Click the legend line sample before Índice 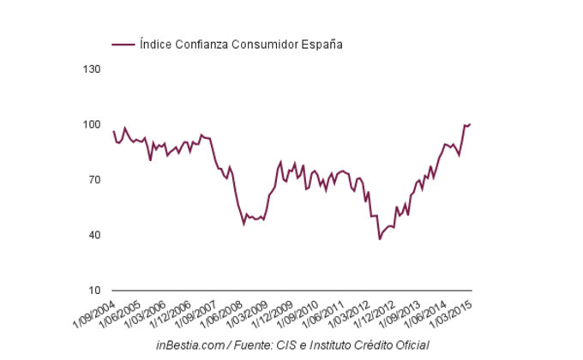coord(123,44)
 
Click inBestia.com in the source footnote coord(191,345)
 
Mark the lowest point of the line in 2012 coord(379,239)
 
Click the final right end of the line coord(471,124)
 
